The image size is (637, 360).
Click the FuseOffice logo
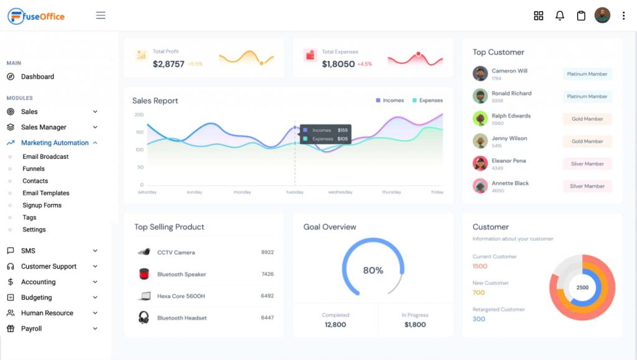36,16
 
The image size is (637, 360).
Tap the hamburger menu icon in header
101,16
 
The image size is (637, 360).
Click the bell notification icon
560,16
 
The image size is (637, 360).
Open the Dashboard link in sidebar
37,76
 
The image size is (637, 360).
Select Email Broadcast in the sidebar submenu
45,157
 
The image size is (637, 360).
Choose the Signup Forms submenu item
42,205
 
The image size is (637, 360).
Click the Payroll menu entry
31,328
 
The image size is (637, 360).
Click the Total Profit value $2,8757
169,64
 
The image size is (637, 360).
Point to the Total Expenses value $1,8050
338,64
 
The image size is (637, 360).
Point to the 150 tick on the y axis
139,132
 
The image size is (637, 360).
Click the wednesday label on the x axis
340,192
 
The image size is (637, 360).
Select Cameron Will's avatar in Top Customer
480,74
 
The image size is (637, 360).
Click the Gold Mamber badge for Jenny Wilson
587,141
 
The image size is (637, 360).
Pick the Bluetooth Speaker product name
182,274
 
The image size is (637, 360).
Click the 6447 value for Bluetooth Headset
267,318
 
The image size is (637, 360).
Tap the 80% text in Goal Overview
373,270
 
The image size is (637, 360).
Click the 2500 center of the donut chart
582,288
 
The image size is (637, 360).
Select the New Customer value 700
478,292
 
